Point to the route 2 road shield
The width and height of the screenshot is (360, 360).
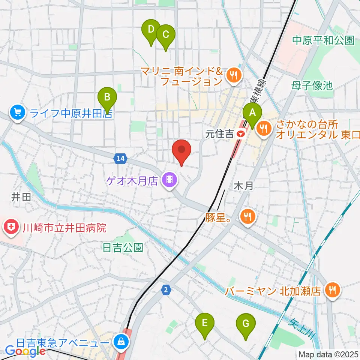coord(166,289)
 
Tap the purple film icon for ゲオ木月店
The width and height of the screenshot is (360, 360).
coord(169,180)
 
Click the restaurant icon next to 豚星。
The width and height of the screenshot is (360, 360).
coord(248,216)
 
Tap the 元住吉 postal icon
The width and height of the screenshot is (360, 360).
coord(242,133)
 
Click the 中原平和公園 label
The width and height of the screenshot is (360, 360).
coord(323,40)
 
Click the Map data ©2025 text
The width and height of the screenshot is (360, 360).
coord(328,354)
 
